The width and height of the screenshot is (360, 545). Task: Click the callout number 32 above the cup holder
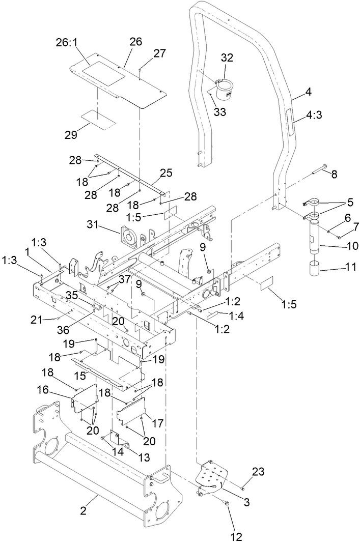227,58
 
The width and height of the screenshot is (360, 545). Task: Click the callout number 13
145,457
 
